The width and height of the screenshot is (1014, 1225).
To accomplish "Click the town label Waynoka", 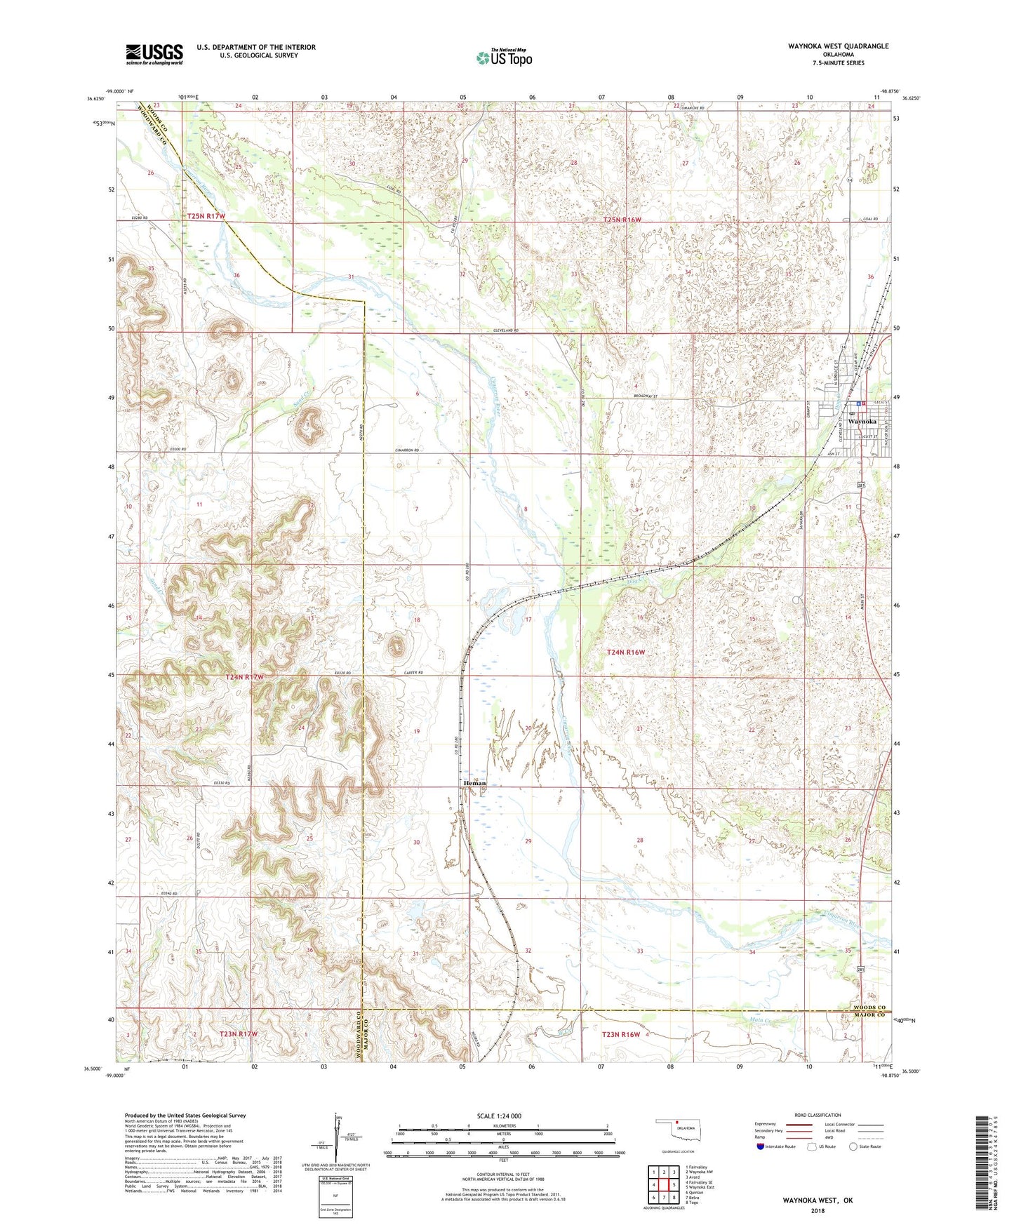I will (x=862, y=422).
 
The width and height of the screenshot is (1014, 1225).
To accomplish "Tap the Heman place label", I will (x=474, y=783).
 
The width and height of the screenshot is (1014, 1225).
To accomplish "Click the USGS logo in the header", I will (x=154, y=54).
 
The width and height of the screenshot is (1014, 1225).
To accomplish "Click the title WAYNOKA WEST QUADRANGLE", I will (x=828, y=46).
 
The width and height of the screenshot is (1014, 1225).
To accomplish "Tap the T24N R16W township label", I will (x=625, y=652).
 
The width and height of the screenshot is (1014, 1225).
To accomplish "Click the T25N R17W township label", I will (x=206, y=216).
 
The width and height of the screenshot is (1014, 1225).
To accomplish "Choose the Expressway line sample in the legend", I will (x=799, y=1124).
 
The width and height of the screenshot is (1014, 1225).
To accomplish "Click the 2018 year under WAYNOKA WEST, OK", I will (x=818, y=1210).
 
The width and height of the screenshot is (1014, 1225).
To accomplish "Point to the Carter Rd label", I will (x=414, y=672).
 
